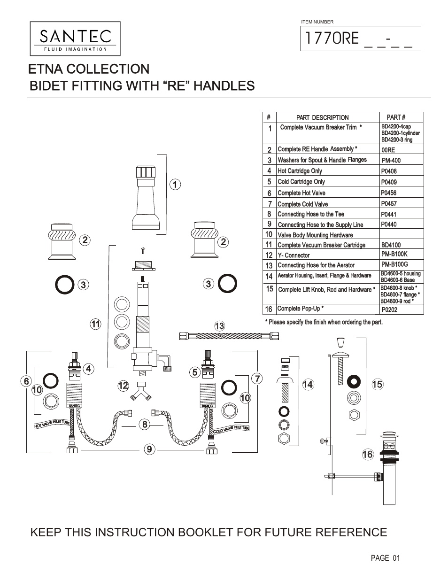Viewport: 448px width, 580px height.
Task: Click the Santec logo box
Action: [x=75, y=39]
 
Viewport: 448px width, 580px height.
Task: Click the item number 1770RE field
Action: [x=360, y=38]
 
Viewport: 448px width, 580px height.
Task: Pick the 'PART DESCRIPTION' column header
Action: [x=322, y=118]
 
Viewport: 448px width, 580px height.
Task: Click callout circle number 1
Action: [x=174, y=185]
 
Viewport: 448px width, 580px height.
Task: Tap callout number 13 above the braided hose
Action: [x=219, y=326]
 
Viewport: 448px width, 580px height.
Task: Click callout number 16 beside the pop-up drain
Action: [x=367, y=454]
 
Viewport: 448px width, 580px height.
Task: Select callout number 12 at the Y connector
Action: [x=123, y=386]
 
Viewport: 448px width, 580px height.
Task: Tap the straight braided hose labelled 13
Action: [x=229, y=336]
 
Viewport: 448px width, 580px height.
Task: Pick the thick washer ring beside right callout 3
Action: [x=228, y=283]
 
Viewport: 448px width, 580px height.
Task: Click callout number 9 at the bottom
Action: [x=149, y=449]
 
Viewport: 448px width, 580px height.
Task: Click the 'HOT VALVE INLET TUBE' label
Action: [x=52, y=424]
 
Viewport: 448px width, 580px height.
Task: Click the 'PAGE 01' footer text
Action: [x=385, y=558]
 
